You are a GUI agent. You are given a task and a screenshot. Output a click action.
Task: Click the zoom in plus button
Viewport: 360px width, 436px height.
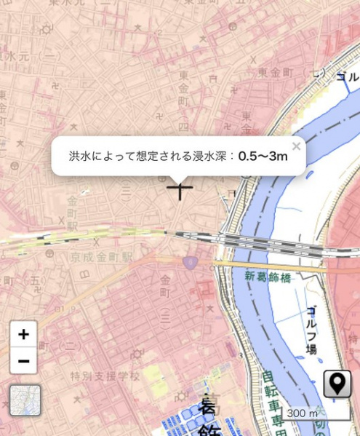(23, 334)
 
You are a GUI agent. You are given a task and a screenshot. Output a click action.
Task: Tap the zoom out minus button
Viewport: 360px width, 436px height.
(23, 360)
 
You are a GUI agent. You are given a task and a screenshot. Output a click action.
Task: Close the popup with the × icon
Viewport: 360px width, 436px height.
(296, 146)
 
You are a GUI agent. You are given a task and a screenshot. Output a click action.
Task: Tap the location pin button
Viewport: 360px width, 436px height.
(337, 384)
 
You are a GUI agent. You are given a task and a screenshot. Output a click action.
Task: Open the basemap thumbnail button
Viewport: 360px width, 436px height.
(25, 400)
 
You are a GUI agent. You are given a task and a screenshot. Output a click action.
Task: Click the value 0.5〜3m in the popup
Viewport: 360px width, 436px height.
(258, 156)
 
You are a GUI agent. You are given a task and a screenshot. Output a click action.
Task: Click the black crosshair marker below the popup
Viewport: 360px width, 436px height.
(180, 189)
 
